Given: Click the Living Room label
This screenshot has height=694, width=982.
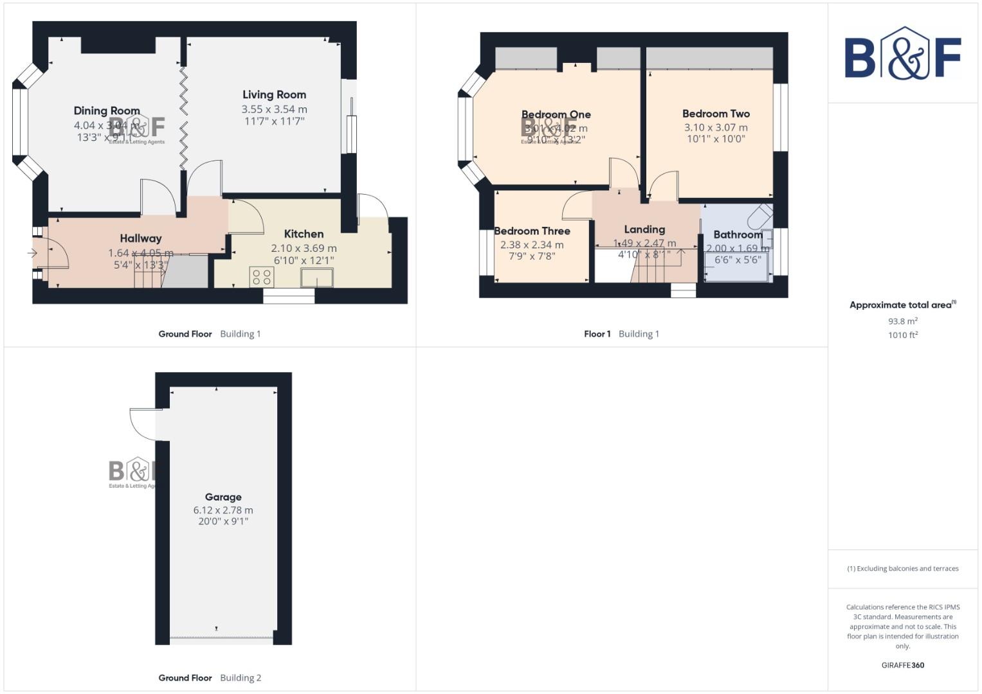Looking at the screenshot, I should click(274, 94).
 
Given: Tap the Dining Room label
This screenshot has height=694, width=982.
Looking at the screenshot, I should click(107, 111).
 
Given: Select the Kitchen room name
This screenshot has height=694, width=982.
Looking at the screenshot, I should click(304, 234).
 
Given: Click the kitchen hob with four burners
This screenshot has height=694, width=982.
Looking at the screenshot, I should click(262, 277).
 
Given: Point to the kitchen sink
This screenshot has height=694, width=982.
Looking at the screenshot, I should click(317, 278).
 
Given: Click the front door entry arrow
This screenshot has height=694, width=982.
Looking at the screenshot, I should click(32, 253).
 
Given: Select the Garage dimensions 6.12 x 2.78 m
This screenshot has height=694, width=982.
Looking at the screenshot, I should click(223, 510).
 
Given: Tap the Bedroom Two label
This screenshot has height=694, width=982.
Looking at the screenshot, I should click(716, 114).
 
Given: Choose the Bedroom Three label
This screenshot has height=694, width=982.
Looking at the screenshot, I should click(532, 231).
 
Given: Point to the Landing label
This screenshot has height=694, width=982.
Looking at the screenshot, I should click(644, 229).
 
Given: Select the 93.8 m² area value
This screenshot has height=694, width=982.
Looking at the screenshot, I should click(902, 321).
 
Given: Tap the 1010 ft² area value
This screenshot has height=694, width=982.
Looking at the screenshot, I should click(902, 335).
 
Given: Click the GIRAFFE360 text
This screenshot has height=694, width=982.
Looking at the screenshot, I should click(902, 665).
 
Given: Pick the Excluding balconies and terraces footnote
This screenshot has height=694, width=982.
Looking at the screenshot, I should click(902, 569).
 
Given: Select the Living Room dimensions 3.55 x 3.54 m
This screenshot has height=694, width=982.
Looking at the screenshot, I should click(274, 109).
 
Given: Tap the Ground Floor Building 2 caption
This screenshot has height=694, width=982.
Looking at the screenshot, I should click(210, 678).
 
